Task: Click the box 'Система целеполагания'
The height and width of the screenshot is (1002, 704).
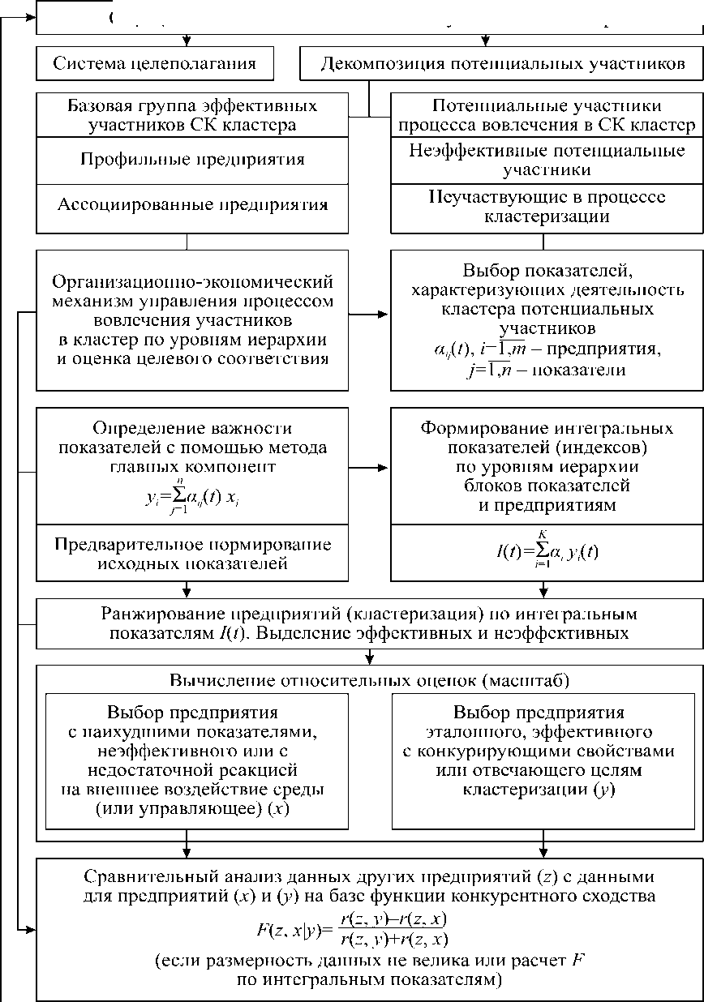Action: (x=154, y=64)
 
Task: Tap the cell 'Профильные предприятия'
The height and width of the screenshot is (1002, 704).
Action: (x=192, y=159)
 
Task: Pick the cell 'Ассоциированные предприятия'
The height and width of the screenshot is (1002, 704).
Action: (x=192, y=204)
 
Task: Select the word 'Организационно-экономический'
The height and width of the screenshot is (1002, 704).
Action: (x=192, y=282)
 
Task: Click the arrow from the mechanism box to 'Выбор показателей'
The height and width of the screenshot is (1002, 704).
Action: (x=369, y=314)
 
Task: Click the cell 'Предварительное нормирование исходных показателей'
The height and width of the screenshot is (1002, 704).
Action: (x=192, y=552)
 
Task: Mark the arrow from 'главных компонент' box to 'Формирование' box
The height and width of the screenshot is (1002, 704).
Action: (x=369, y=468)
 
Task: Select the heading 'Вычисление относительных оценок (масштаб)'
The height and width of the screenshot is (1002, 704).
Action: (x=369, y=679)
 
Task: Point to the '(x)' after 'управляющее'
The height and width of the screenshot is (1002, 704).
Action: (x=282, y=810)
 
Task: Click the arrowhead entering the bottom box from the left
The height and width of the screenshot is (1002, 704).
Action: (x=32, y=929)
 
